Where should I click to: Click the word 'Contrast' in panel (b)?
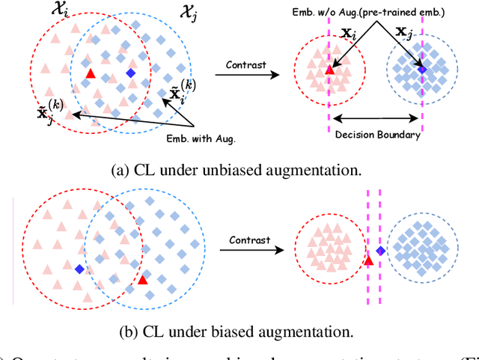pyautogui.click(x=250, y=240)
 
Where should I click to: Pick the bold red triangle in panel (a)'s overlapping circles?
pyautogui.click(x=91, y=73)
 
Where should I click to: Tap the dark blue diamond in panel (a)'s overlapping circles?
pyautogui.click(x=131, y=73)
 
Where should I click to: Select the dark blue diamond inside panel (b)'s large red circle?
pyautogui.click(x=79, y=269)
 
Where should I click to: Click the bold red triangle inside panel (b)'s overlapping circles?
pyautogui.click(x=142, y=279)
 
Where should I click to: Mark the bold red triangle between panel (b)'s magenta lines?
pyautogui.click(x=368, y=260)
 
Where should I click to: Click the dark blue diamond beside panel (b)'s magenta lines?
pyautogui.click(x=380, y=251)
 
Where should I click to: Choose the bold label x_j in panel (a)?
pyautogui.click(x=404, y=34)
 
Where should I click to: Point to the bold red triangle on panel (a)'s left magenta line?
pyautogui.click(x=329, y=70)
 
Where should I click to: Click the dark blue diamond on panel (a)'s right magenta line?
pyautogui.click(x=422, y=69)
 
